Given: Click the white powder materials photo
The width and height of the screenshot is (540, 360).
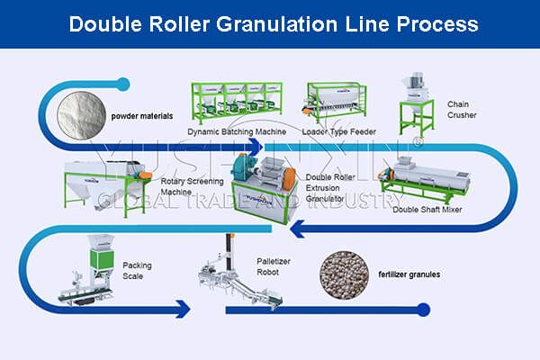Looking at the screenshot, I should (81, 115).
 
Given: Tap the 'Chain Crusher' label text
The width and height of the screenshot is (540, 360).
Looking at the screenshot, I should (463, 110).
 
